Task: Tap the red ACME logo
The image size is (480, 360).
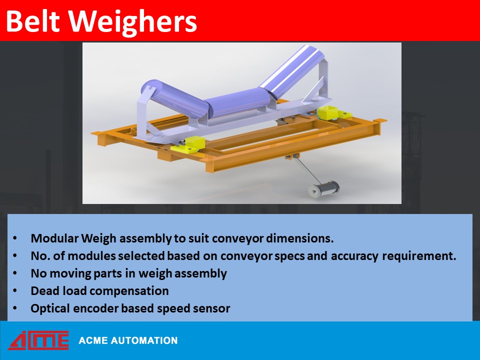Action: (x=38, y=340)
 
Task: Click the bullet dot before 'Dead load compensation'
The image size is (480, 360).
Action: (x=15, y=290)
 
